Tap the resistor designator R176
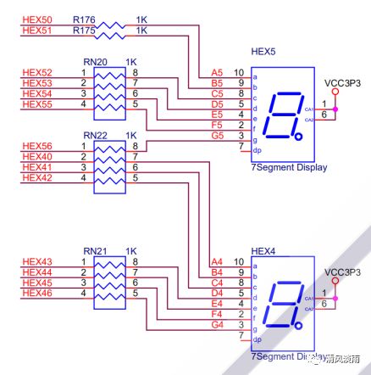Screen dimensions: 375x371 coord(83,18)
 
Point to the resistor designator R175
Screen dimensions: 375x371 coord(83,30)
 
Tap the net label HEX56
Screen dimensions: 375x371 coord(37,147)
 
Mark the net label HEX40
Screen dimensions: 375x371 coord(37,157)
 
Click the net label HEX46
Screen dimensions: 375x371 coord(37,294)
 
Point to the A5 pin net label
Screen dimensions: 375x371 coord(217,73)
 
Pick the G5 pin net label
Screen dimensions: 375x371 coord(217,135)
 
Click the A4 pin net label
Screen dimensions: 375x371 coord(217,261)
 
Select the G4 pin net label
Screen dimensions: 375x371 coord(217,324)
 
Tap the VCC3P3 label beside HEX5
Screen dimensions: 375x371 coord(342,84)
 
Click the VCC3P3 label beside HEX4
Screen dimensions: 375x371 coord(342,272)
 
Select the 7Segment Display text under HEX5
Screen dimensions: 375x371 coord(289,168)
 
